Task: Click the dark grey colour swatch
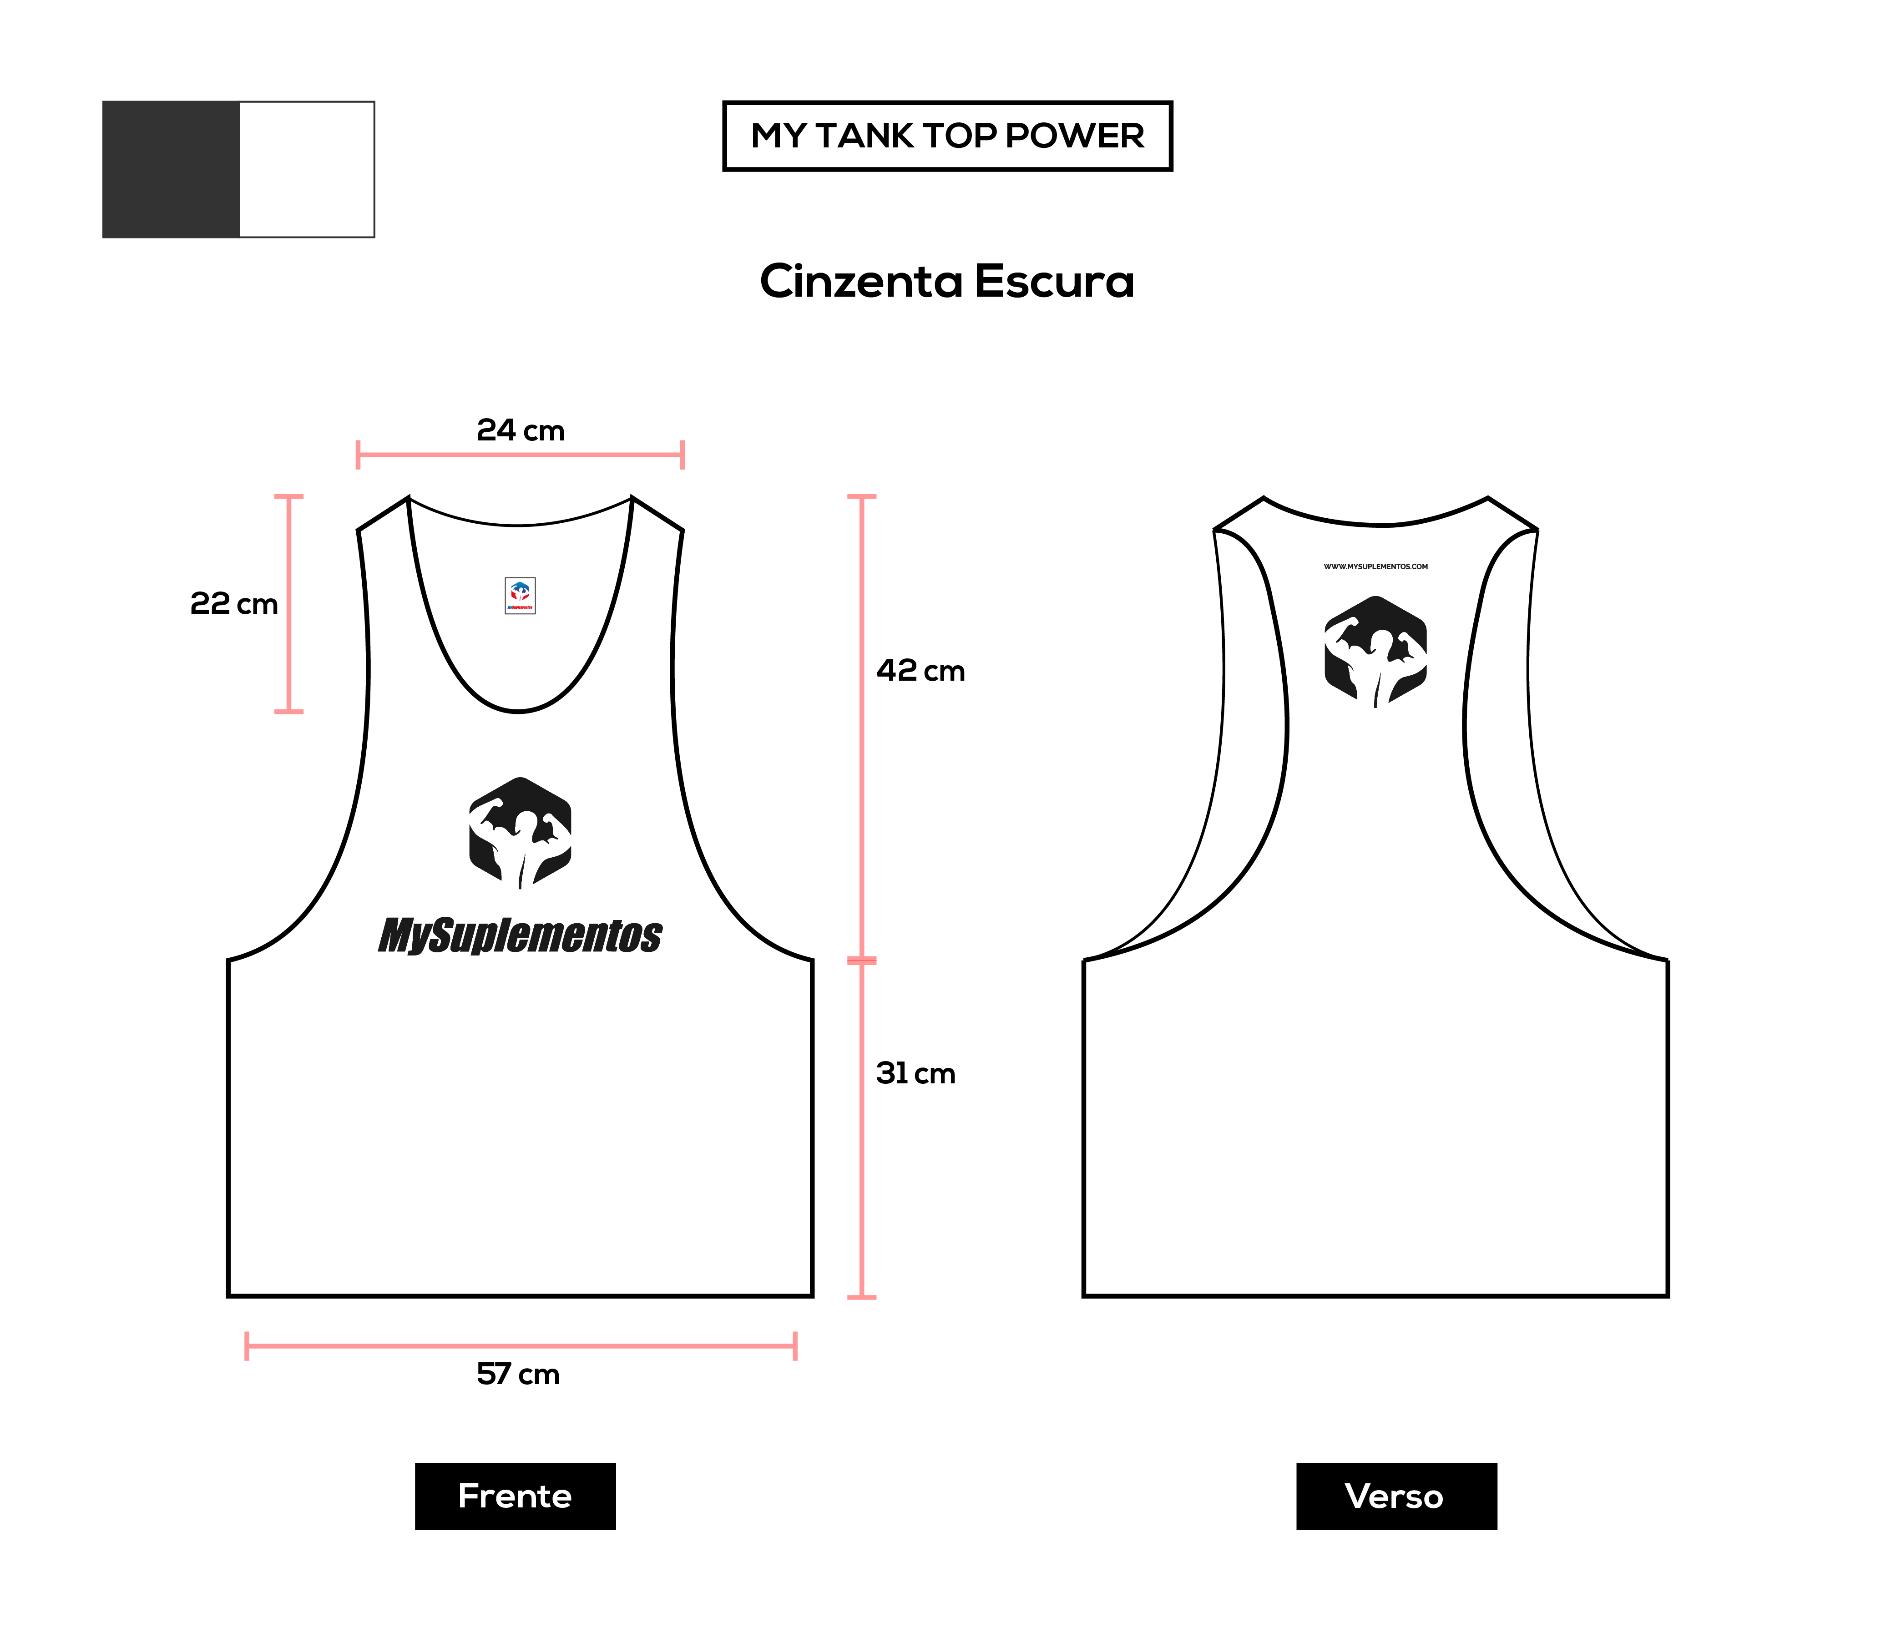pyautogui.click(x=171, y=169)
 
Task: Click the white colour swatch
pyautogui.click(x=307, y=169)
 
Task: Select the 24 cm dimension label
pyautogui.click(x=521, y=430)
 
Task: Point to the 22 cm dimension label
pyautogui.click(x=233, y=604)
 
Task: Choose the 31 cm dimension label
pyautogui.click(x=915, y=1073)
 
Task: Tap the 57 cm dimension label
pyautogui.click(x=518, y=1375)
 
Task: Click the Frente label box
pyautogui.click(x=515, y=1496)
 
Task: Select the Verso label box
pyautogui.click(x=1396, y=1496)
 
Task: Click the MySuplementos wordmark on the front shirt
pyautogui.click(x=521, y=935)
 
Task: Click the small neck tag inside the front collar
pyautogui.click(x=520, y=596)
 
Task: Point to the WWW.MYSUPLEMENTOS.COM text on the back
pyautogui.click(x=1375, y=566)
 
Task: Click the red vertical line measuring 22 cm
pyautogui.click(x=289, y=604)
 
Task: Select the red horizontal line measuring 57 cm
pyautogui.click(x=521, y=1346)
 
